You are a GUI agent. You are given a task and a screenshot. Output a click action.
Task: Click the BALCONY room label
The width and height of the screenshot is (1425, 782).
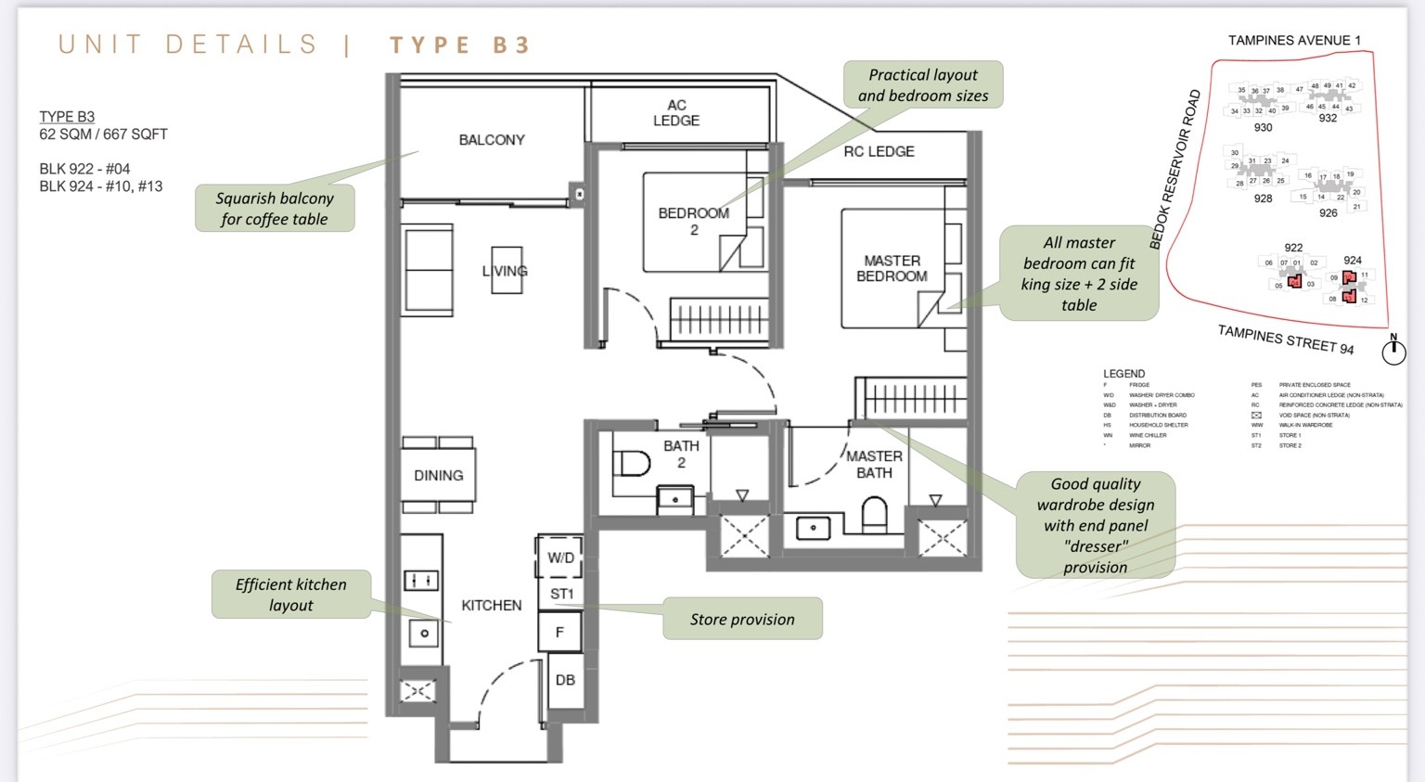[492, 140]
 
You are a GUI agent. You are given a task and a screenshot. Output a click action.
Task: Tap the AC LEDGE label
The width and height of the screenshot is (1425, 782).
[676, 113]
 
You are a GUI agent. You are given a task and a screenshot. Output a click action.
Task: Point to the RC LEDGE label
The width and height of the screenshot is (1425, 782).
[879, 151]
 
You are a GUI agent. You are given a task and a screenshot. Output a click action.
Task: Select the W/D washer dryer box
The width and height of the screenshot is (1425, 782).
[560, 558]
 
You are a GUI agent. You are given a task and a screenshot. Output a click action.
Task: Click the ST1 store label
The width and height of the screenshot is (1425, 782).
[561, 594]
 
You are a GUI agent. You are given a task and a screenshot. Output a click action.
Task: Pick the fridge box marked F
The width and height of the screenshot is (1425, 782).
[559, 633]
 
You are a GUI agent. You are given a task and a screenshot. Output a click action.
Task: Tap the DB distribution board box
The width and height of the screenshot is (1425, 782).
[565, 680]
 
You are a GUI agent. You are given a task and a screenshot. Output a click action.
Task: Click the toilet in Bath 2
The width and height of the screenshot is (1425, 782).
[633, 463]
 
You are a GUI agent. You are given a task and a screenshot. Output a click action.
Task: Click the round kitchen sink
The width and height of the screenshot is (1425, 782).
[424, 634]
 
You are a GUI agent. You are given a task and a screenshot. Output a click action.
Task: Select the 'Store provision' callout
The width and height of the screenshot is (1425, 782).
[742, 619]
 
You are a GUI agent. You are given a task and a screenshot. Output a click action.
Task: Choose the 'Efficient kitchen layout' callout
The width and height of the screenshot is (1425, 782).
[291, 595]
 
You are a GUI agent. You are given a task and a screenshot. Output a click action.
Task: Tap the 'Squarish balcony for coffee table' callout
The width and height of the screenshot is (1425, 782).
[275, 209]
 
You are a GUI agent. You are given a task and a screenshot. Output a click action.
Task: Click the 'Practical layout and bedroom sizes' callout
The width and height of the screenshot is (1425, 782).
[923, 85]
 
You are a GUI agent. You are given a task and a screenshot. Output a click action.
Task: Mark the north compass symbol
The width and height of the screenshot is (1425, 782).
[1393, 352]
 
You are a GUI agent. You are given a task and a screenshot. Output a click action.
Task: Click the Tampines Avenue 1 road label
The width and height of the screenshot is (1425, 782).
[1294, 41]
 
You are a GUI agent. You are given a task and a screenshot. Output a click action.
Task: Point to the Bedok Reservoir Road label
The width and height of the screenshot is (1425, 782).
[1175, 169]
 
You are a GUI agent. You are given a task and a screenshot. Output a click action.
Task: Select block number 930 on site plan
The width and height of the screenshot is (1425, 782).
[1263, 128]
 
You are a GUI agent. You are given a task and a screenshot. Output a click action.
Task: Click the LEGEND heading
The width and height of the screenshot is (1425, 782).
[1123, 374]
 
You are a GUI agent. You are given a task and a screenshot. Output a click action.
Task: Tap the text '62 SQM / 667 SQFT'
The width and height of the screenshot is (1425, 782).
[103, 135]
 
